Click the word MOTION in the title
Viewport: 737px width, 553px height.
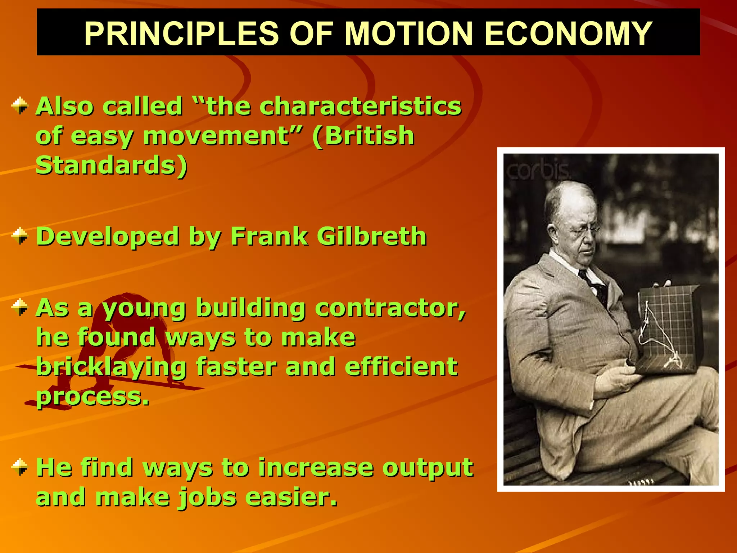[408, 33]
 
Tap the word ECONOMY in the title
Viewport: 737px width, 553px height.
[569, 33]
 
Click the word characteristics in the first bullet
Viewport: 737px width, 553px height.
[360, 107]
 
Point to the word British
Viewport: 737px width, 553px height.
[363, 136]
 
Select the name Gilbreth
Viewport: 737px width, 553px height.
[372, 237]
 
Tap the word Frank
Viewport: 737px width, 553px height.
[269, 237]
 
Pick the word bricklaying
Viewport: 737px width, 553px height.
[112, 367]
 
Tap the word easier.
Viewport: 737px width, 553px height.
[291, 497]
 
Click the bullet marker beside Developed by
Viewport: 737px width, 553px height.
[20, 236]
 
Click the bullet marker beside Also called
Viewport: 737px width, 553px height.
[20, 105]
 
